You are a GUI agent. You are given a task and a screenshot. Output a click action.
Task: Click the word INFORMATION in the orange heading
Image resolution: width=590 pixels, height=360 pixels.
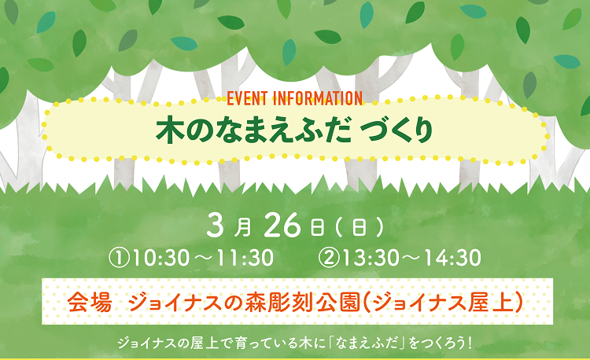(x=318, y=98)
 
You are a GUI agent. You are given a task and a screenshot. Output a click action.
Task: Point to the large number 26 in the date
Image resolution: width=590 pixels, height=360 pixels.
(x=282, y=226)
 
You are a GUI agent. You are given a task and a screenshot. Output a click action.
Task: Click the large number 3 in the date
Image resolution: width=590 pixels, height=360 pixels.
(x=215, y=226)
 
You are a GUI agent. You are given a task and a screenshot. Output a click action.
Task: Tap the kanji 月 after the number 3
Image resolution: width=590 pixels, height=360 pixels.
(x=242, y=227)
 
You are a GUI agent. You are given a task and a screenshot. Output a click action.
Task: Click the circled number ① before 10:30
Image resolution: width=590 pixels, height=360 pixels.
(x=120, y=258)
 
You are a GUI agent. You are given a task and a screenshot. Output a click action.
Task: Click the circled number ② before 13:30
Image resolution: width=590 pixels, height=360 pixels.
(x=329, y=258)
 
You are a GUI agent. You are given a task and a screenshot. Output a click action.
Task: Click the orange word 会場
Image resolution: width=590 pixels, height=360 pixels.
(x=90, y=302)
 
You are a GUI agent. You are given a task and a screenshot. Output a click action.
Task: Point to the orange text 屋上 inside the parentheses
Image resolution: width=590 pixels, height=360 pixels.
(x=491, y=302)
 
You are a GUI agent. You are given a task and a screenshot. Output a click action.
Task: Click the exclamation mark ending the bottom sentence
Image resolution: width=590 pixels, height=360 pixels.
(x=469, y=343)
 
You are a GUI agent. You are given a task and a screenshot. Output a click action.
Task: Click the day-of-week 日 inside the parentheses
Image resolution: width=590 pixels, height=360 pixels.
(x=359, y=227)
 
